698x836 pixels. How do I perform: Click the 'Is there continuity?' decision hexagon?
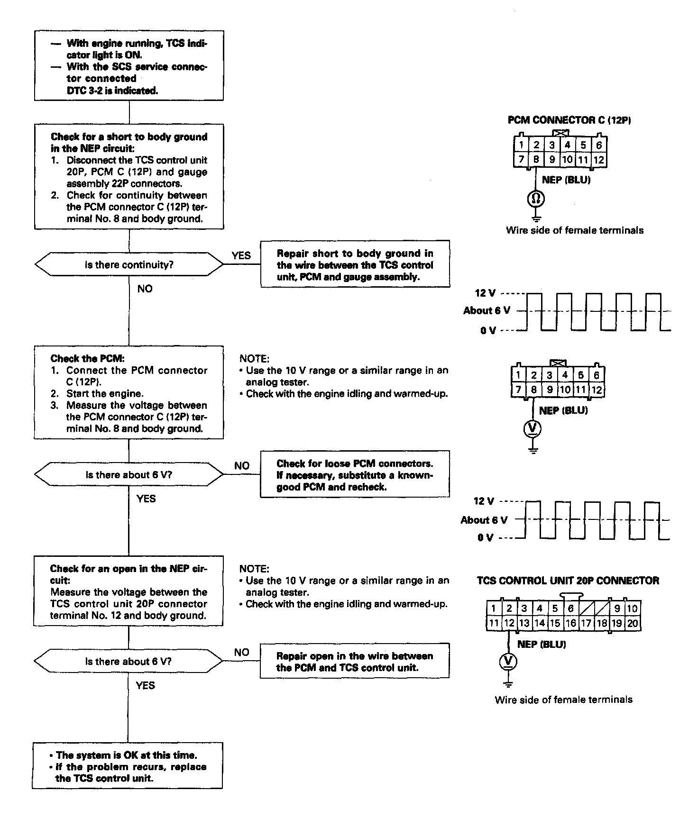[x=129, y=264]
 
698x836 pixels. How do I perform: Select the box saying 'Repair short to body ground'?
[x=355, y=265]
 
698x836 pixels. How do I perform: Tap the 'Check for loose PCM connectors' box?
[x=355, y=475]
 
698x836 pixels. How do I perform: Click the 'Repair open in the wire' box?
[x=355, y=662]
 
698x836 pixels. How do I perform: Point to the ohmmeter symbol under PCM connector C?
[x=536, y=198]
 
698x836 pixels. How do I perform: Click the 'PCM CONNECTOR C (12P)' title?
[x=569, y=120]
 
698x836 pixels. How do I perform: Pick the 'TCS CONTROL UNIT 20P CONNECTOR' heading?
[x=568, y=581]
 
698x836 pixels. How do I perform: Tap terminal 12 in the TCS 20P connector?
[x=509, y=623]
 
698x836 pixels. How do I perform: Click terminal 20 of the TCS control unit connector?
[x=633, y=623]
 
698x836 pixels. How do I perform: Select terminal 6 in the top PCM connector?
[x=599, y=145]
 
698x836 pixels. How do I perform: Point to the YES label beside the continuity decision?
[x=241, y=255]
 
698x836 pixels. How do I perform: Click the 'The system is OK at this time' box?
[x=128, y=766]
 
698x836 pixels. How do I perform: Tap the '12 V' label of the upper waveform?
[x=485, y=293]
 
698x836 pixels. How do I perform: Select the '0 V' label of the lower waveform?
[x=485, y=537]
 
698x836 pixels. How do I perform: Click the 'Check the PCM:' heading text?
[x=87, y=359]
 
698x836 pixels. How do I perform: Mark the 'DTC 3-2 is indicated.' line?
[x=112, y=91]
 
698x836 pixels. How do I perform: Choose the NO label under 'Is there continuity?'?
[x=145, y=289]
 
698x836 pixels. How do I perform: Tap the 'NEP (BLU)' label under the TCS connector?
[x=542, y=644]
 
